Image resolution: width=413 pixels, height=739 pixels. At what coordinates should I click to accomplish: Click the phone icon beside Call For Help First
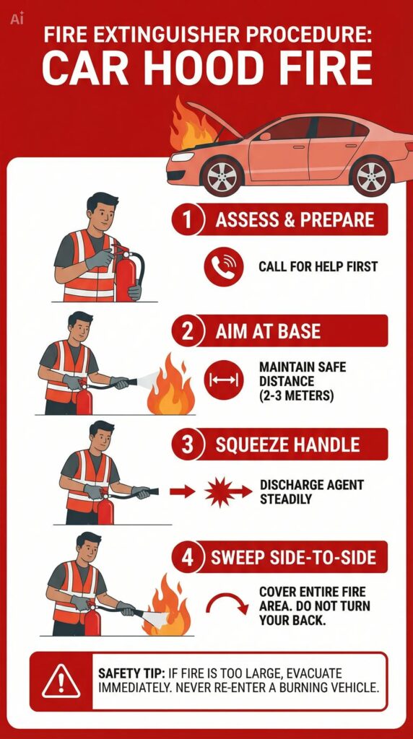click(224, 266)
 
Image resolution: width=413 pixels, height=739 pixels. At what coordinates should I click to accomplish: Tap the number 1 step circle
click(187, 219)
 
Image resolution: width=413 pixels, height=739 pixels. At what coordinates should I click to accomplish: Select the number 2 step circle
click(187, 331)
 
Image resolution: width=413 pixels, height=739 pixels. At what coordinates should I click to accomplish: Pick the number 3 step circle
click(187, 444)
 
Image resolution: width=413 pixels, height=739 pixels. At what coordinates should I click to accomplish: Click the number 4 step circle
click(187, 557)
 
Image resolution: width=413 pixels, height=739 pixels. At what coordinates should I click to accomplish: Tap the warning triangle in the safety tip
click(61, 681)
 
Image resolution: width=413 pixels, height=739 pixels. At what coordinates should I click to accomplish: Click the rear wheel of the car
click(372, 175)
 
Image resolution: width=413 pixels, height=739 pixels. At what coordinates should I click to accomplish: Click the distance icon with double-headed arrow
click(224, 380)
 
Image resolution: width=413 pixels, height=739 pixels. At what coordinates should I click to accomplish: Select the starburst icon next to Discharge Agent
click(219, 492)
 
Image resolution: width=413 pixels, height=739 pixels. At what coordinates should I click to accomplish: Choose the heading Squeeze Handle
click(287, 445)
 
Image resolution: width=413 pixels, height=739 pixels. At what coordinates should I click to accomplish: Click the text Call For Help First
click(318, 267)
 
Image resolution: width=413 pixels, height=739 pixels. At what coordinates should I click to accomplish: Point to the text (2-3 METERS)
click(296, 395)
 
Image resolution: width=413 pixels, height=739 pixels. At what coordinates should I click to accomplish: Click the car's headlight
click(183, 156)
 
